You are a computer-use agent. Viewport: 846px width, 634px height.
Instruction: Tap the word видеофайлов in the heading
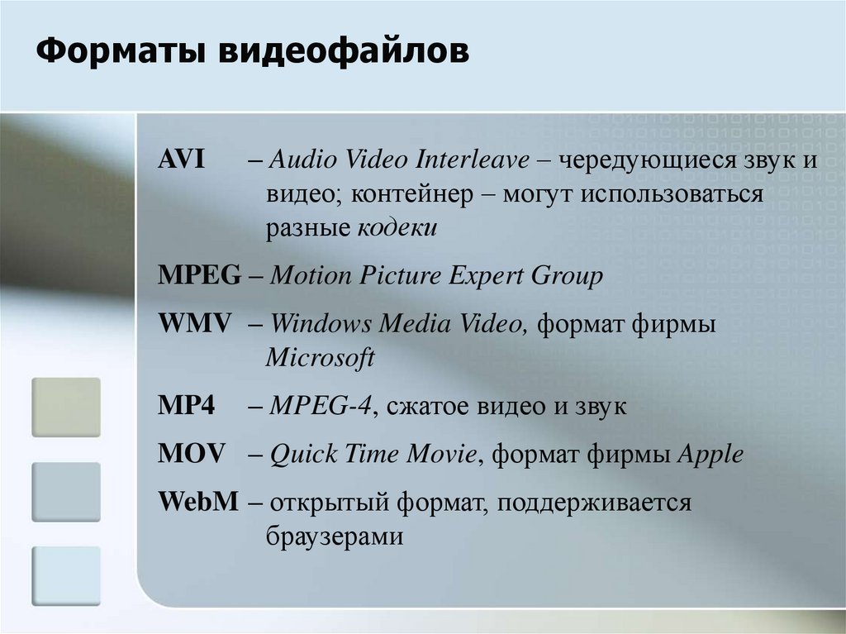pyautogui.click(x=344, y=51)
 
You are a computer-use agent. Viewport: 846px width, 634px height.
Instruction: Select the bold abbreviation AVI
pyautogui.click(x=181, y=160)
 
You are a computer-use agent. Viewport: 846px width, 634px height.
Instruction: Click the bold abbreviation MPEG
pyautogui.click(x=199, y=275)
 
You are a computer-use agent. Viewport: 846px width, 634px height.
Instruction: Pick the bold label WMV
pyautogui.click(x=194, y=323)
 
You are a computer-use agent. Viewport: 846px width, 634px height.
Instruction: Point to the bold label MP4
pyautogui.click(x=186, y=406)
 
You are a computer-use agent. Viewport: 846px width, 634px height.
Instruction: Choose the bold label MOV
pyautogui.click(x=191, y=454)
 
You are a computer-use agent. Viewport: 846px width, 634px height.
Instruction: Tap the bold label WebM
pyautogui.click(x=198, y=502)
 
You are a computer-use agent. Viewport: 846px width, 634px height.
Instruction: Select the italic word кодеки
pyautogui.click(x=397, y=228)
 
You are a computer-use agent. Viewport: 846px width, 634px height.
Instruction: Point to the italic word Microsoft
pyautogui.click(x=320, y=357)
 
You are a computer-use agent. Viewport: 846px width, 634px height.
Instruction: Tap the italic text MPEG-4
pyautogui.click(x=321, y=406)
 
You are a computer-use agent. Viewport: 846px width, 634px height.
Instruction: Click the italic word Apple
pyautogui.click(x=711, y=455)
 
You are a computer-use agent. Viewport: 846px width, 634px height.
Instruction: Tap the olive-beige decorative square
pyautogui.click(x=66, y=408)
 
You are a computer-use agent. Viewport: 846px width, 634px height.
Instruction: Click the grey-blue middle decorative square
pyautogui.click(x=66, y=492)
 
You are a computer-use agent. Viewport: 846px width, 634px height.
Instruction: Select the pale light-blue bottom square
pyautogui.click(x=66, y=575)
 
